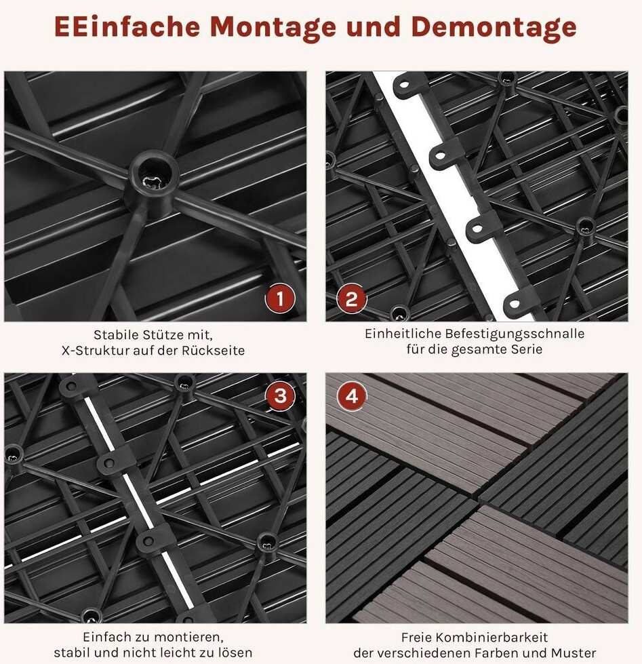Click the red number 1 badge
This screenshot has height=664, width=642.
[280, 298]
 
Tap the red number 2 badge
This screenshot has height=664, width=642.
[352, 298]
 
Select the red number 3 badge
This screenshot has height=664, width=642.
[280, 396]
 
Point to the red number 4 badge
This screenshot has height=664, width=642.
[352, 396]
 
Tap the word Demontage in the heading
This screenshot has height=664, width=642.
[494, 26]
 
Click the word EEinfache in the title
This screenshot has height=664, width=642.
[127, 26]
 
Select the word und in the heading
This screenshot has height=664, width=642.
[374, 26]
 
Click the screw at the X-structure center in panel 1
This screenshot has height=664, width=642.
[153, 182]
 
